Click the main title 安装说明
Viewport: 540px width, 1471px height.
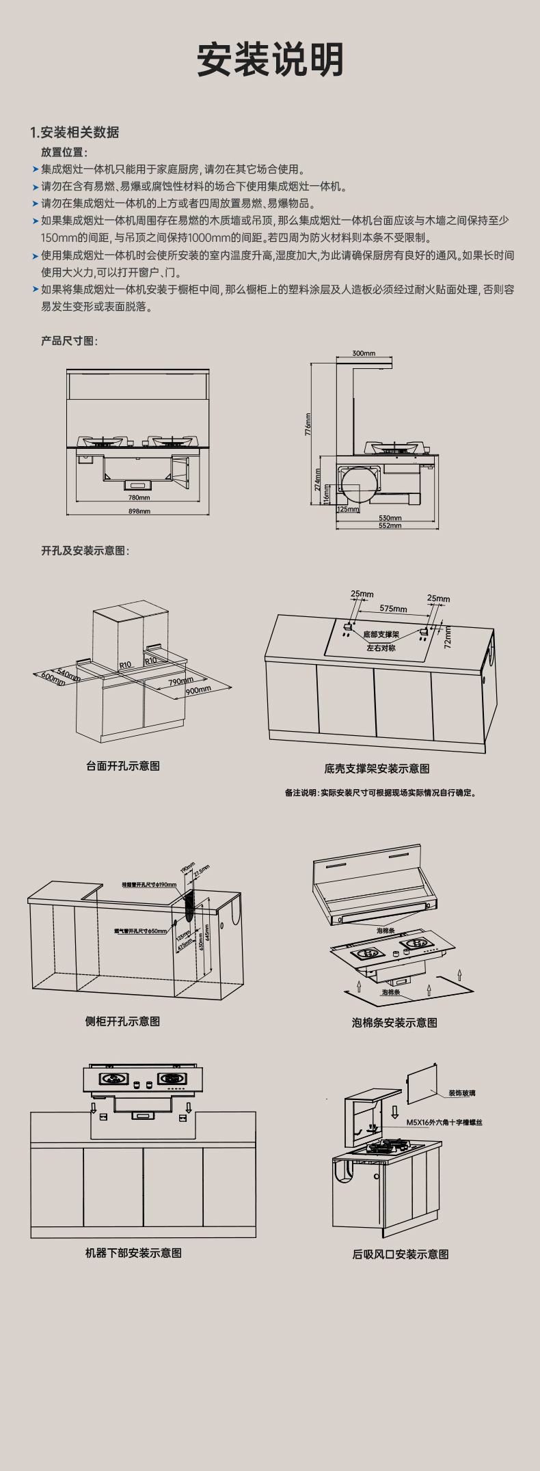coord(270,60)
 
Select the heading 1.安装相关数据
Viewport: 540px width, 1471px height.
coord(75,133)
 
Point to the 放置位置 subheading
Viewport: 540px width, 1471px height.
coord(64,152)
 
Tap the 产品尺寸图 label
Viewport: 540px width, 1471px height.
coord(69,340)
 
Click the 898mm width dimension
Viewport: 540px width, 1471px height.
coord(139,511)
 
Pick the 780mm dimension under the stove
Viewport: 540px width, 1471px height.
coord(139,497)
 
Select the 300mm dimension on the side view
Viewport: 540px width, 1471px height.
coord(364,353)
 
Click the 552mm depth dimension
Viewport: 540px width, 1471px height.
coord(390,525)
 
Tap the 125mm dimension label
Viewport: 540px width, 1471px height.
coord(348,509)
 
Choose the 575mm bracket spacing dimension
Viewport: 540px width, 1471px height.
coord(393,609)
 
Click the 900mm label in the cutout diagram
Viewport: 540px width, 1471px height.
coord(198,691)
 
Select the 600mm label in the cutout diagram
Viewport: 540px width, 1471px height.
coord(52,677)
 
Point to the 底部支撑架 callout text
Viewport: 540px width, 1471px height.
coord(381,635)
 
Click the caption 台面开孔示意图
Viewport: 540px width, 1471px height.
coord(123,766)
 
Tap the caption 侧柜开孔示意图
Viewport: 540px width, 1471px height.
coord(122,1021)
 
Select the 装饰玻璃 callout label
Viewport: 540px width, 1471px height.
coord(462,1093)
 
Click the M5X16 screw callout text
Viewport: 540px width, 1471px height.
coord(444,1122)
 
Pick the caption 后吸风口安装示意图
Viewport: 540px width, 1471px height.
coord(401,1254)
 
